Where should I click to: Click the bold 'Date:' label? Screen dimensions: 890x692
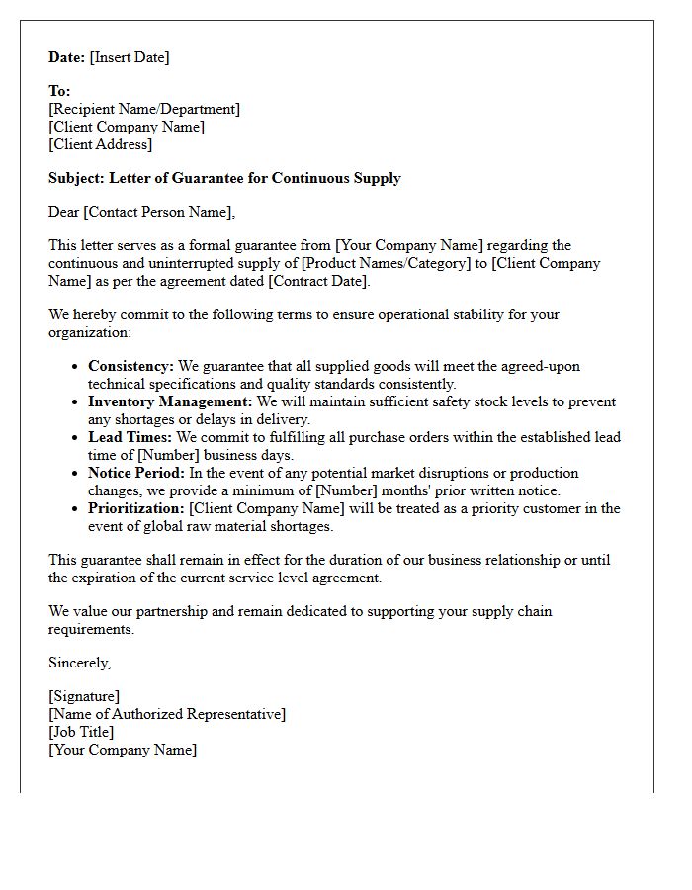67,57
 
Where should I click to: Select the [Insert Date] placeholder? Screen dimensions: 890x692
130,57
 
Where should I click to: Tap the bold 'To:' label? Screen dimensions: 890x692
59,91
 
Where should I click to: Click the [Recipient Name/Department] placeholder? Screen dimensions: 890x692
144,109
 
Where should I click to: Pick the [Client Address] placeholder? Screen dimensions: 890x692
101,144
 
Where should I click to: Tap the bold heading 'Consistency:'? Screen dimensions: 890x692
130,366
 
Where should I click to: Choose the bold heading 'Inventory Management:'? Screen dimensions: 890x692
170,401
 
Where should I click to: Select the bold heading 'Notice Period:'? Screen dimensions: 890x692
135,473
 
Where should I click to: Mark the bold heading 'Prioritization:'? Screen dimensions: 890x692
136,508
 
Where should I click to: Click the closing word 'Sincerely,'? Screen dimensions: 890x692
80,663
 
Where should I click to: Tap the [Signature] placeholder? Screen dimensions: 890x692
84,696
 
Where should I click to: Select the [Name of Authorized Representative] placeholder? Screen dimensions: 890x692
167,714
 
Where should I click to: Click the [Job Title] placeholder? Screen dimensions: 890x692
81,732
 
